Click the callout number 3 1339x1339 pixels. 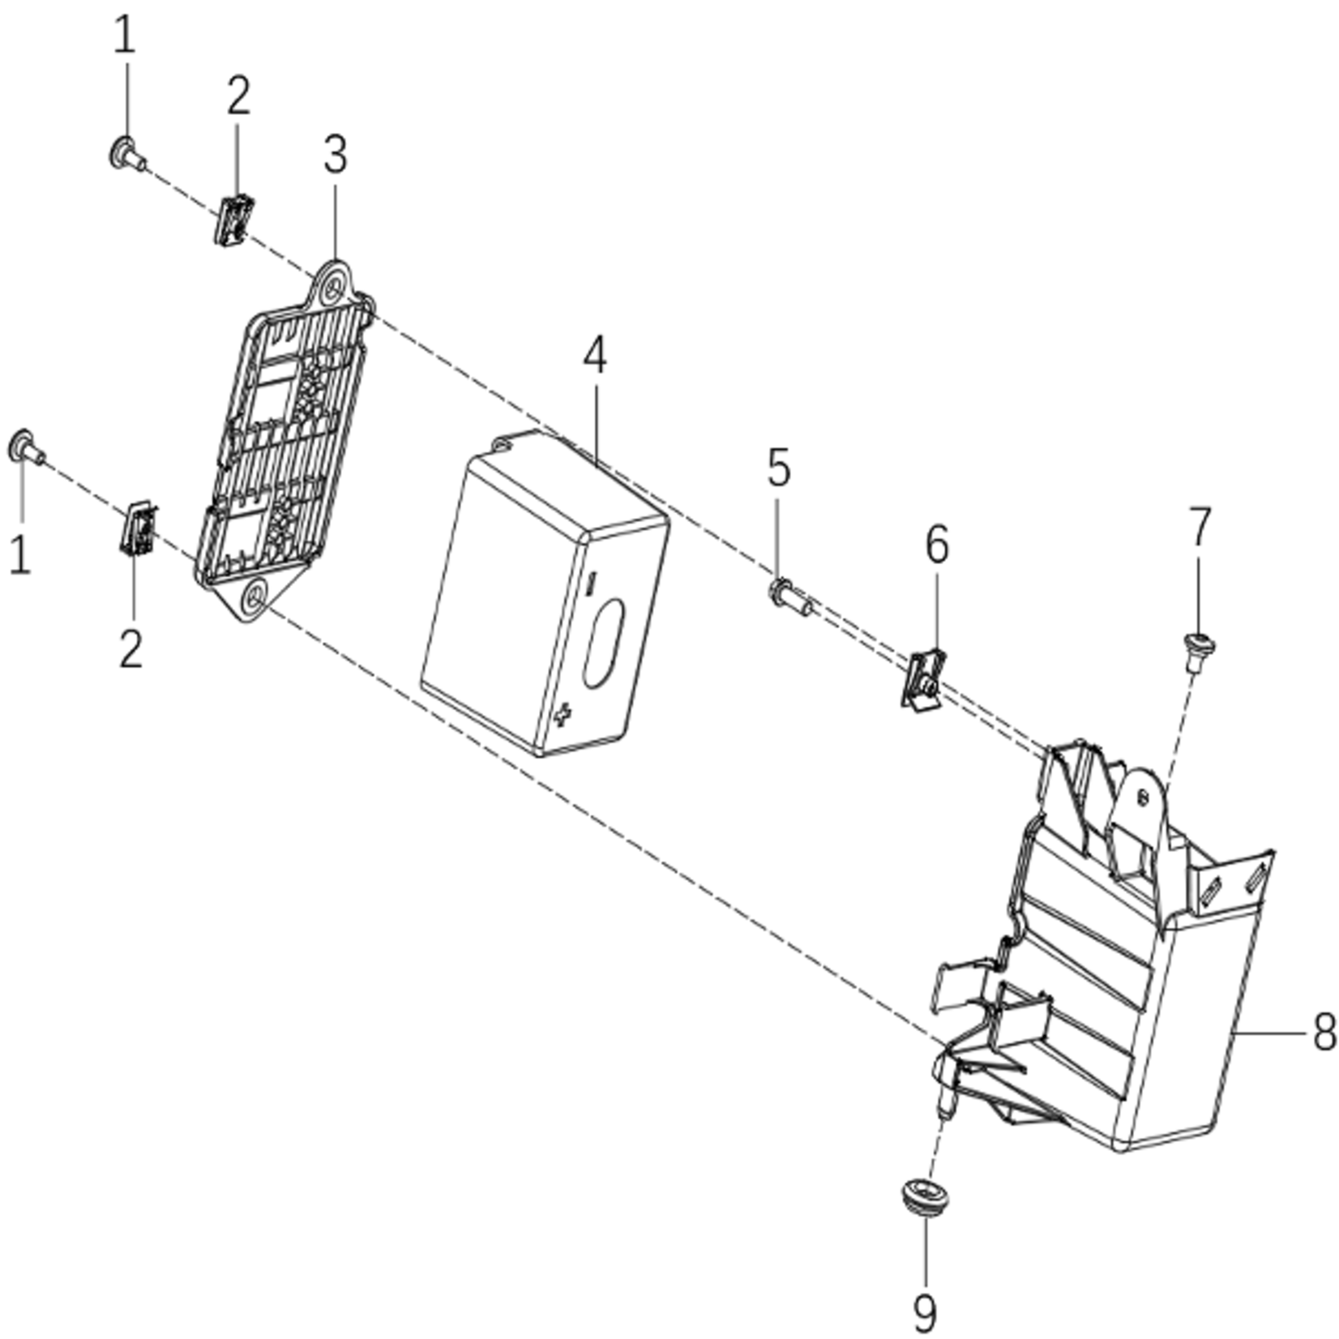point(335,155)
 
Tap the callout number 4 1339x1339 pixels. point(595,356)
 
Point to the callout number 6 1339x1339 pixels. point(936,545)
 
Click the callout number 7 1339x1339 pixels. point(1200,527)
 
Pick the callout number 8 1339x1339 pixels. point(1324,1033)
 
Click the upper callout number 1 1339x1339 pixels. point(124,36)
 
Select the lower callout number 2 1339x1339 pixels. point(131,649)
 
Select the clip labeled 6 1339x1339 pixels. point(923,678)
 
